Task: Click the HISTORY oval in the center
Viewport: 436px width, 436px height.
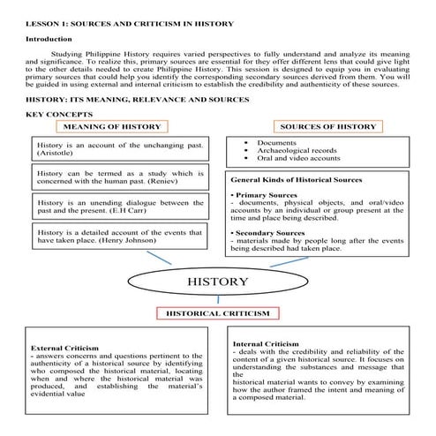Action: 217,282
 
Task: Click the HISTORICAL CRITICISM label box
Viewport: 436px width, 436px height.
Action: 217,313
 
